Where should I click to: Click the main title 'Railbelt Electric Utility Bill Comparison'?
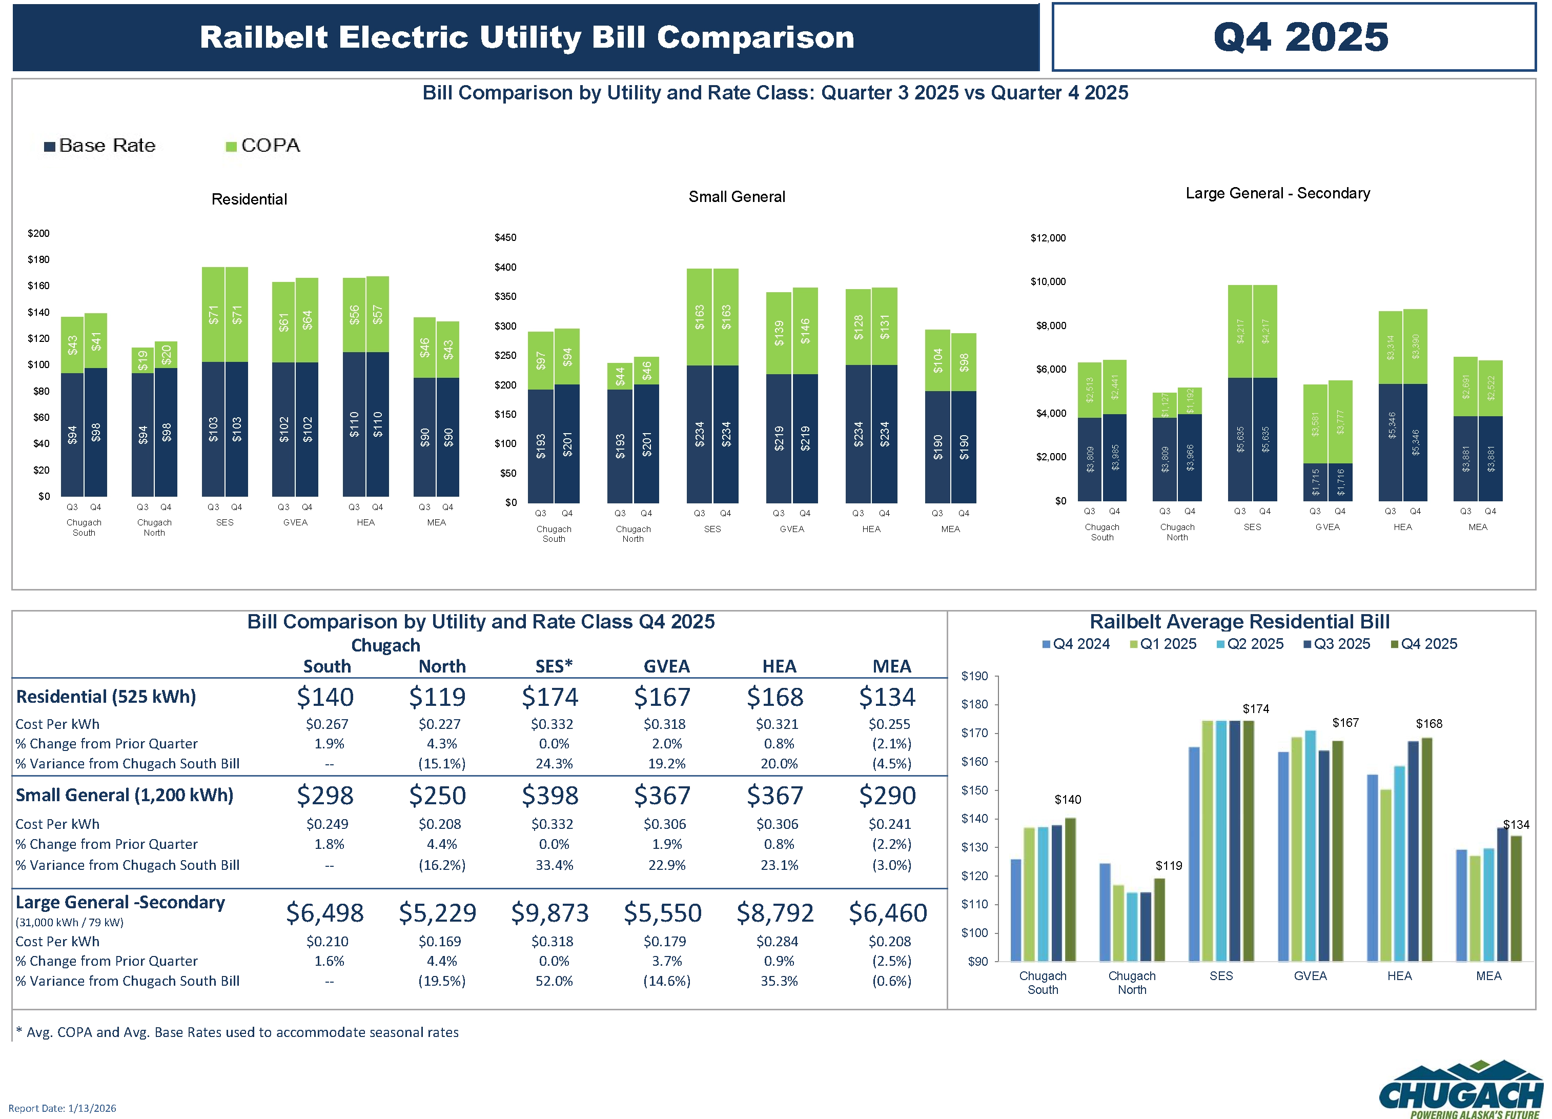pyautogui.click(x=526, y=37)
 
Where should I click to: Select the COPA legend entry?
pyautogui.click(x=263, y=146)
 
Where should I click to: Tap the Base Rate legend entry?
pyautogui.click(x=100, y=146)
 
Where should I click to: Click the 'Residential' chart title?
pyautogui.click(x=249, y=199)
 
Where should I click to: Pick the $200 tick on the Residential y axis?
pyautogui.click(x=38, y=233)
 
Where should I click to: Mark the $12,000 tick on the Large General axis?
pyautogui.click(x=1048, y=238)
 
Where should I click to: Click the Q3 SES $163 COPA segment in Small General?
pyautogui.click(x=699, y=317)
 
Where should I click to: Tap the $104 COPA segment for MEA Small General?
pyautogui.click(x=937, y=360)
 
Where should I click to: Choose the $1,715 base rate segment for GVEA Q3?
pyautogui.click(x=1315, y=482)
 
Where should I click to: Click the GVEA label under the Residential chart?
pyautogui.click(x=295, y=523)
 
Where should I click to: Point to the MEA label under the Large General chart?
pyautogui.click(x=1477, y=527)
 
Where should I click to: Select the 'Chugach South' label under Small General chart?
pyautogui.click(x=554, y=534)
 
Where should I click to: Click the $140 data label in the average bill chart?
pyautogui.click(x=1068, y=799)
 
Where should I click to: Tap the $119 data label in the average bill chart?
pyautogui.click(x=1169, y=866)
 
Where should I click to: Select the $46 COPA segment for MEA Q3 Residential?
pyautogui.click(x=424, y=348)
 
